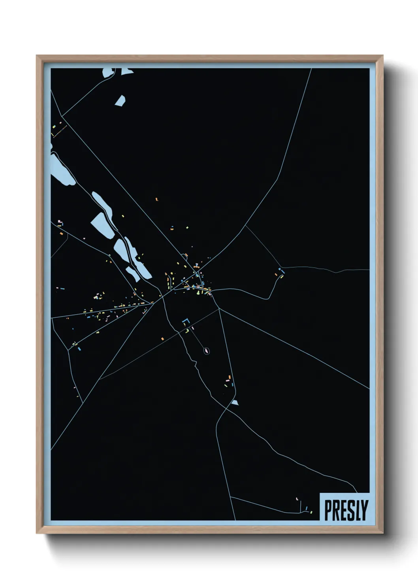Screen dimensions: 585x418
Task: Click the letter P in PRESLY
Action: [329, 510]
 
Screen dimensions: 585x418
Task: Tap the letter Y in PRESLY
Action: [364, 510]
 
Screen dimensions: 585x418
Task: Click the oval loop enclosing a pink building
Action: [207, 350]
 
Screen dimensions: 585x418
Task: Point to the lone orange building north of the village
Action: [156, 200]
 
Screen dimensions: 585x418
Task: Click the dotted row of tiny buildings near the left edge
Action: [60, 131]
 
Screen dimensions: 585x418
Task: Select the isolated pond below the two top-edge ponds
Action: [121, 100]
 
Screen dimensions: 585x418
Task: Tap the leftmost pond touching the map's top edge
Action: [108, 73]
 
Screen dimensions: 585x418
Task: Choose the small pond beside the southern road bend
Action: [235, 402]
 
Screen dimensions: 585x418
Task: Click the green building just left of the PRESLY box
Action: [311, 512]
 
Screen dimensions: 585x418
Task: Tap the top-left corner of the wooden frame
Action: [37, 56]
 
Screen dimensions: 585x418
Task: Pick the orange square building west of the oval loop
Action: [162, 339]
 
